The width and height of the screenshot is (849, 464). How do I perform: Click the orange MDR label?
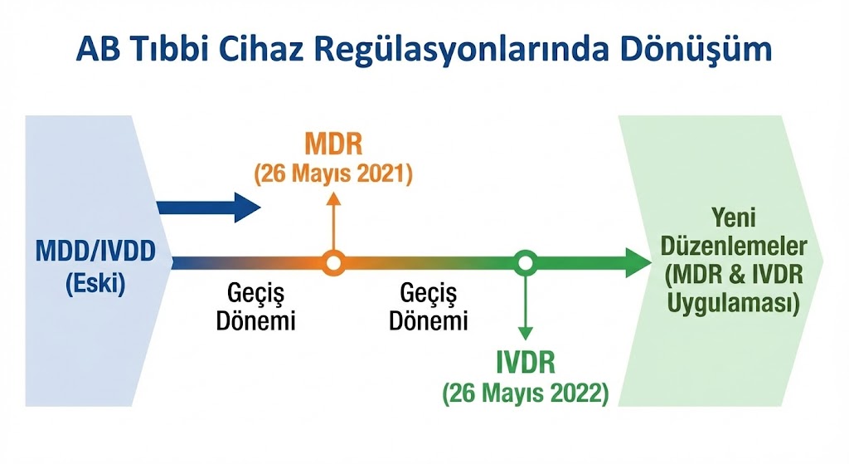coord(333,144)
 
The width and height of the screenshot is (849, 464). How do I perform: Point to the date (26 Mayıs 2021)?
coord(333,174)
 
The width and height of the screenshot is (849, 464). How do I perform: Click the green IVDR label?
coord(526,363)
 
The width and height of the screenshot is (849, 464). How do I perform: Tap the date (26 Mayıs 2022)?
coord(525,393)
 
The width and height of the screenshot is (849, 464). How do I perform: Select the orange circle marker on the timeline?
coord(333,263)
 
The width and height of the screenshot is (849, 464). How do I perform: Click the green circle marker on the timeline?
coord(525,263)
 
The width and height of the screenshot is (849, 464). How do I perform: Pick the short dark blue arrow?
coord(209,207)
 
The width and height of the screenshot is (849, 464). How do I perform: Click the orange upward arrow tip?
coord(333,193)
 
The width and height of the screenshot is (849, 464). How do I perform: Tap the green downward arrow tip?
coord(525,339)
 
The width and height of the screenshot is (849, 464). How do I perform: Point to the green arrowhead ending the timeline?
coord(638,263)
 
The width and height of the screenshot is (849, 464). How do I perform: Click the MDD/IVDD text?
coord(96,252)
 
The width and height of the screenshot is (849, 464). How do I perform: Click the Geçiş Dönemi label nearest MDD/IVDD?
coord(255,307)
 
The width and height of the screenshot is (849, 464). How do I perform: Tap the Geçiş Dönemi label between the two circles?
coord(429,307)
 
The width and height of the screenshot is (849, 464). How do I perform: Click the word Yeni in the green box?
coord(734,217)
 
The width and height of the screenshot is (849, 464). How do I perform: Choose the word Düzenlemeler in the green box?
coord(734,246)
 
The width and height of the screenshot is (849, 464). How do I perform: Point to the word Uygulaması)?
coord(734,303)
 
